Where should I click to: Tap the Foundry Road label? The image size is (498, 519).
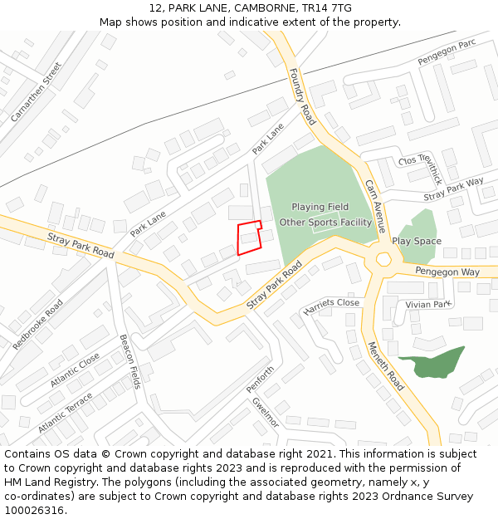tap(303, 97)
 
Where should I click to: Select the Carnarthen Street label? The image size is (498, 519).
tap(37, 92)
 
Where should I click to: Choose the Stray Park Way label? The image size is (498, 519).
tap(453, 189)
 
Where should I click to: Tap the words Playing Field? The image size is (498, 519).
tap(320, 207)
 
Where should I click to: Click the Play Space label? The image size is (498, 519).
tap(417, 241)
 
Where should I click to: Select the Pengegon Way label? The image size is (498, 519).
tap(448, 272)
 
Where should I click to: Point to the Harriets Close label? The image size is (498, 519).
tap(332, 304)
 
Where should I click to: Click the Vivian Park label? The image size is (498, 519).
tap(427, 305)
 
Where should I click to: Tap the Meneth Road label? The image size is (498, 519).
tap(385, 366)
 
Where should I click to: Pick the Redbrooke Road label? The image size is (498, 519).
tap(37, 324)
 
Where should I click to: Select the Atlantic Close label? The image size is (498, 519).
tap(75, 370)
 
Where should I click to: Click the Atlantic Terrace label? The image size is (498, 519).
tap(66, 413)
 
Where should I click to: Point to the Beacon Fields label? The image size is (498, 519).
tap(130, 361)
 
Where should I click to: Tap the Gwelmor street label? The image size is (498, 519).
tap(265, 413)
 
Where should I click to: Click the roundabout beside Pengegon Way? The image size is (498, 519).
tap(383, 260)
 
